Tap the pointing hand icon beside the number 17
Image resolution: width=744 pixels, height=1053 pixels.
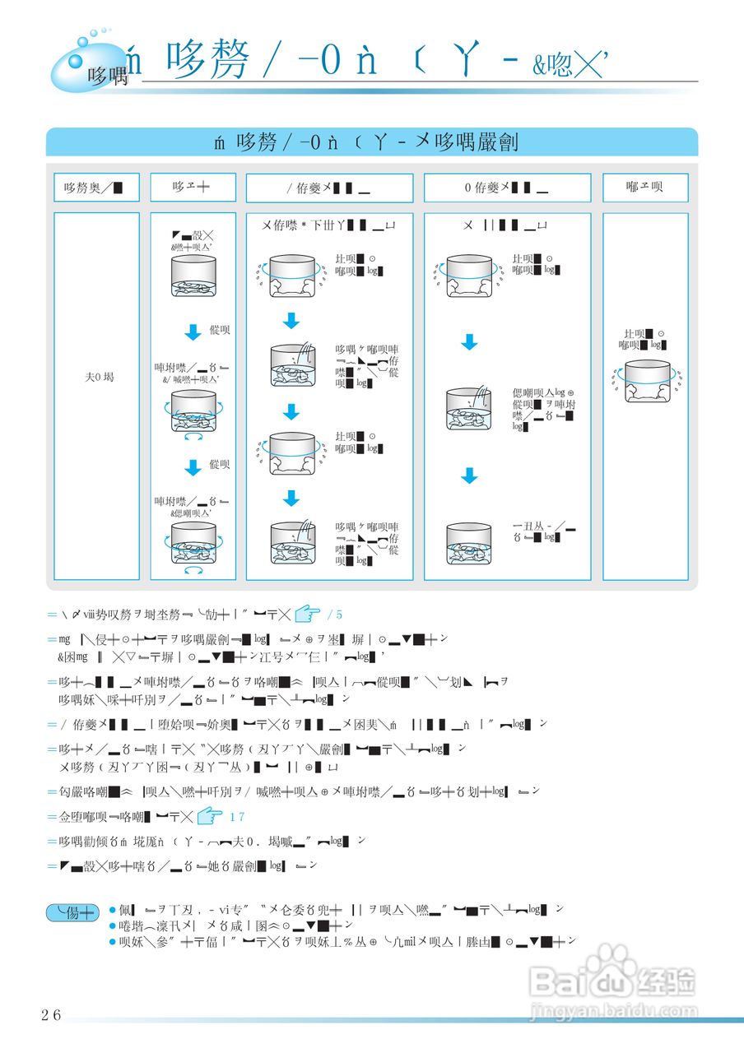(x=211, y=817)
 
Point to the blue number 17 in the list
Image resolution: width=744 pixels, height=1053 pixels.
(x=237, y=818)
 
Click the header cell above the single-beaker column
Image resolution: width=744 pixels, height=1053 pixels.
(x=644, y=187)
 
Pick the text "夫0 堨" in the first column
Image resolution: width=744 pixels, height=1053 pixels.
(x=99, y=377)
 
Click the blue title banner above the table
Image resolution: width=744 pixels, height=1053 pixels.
(x=372, y=141)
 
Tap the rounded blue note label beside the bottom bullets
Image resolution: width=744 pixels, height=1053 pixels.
(x=72, y=912)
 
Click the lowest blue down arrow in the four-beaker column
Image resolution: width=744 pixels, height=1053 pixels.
(x=291, y=498)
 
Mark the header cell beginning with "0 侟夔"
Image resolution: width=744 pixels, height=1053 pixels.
(x=507, y=188)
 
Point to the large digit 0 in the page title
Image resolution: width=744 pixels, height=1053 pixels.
(x=331, y=63)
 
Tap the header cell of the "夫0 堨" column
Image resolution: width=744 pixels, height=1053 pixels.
(x=96, y=187)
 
